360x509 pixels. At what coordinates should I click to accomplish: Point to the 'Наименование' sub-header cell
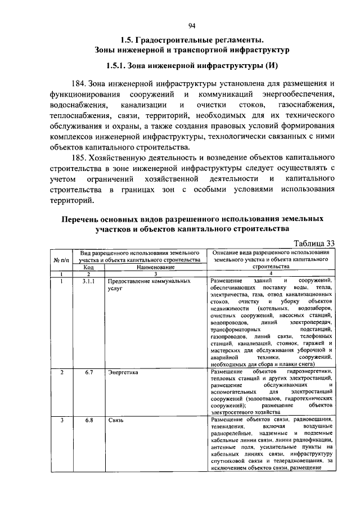pos(150,268)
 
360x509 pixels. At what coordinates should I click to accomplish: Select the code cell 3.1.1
pos(88,280)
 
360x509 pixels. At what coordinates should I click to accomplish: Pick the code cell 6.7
pos(88,372)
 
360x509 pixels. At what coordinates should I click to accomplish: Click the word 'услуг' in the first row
pos(115,287)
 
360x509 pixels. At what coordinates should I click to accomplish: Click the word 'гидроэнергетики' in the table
pos(310,372)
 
